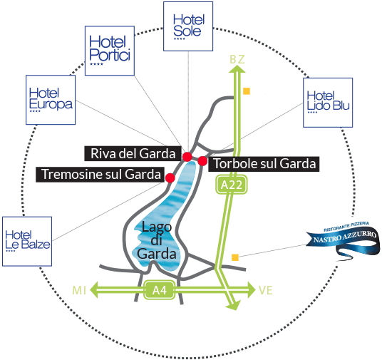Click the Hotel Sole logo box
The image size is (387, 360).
[x=188, y=26]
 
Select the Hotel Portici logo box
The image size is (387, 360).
[x=110, y=51]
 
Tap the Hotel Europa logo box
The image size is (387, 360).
[x=51, y=100]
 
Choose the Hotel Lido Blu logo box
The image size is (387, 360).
[x=328, y=103]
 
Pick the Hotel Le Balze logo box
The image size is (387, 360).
[x=27, y=241]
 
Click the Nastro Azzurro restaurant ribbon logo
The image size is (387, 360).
[x=343, y=241]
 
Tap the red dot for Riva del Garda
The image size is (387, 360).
[x=187, y=157]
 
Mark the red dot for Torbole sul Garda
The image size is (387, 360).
[x=202, y=161]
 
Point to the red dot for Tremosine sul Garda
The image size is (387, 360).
[x=170, y=178]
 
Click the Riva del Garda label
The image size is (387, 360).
[x=133, y=153]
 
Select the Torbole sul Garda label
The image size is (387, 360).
[x=264, y=164]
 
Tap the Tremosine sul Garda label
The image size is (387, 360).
[x=100, y=175]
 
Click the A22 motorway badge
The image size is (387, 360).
[x=232, y=185]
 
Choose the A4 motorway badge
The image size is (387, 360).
[x=160, y=290]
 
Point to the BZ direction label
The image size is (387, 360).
[x=237, y=59]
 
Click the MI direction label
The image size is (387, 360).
[x=79, y=290]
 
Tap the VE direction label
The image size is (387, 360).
[x=266, y=290]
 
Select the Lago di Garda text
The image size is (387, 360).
[x=157, y=240]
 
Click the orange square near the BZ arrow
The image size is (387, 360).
[x=247, y=91]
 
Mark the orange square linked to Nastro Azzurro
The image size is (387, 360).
[x=235, y=257]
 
